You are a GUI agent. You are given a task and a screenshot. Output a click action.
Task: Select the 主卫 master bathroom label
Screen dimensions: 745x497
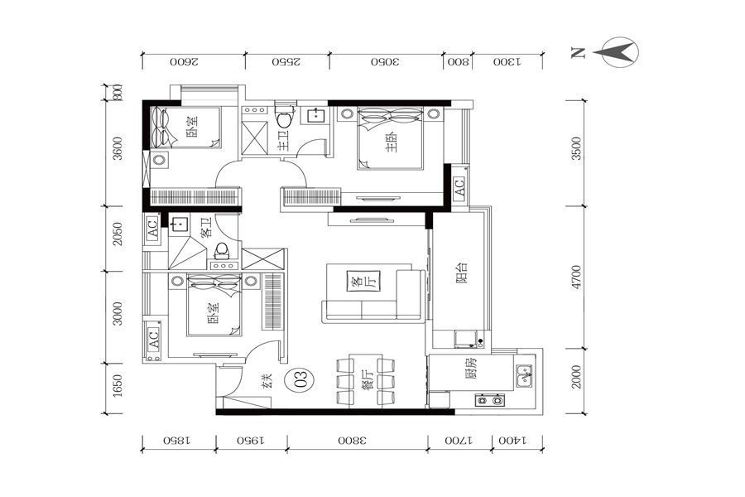tap(284, 141)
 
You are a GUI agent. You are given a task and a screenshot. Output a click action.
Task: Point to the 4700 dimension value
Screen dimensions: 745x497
tap(576, 277)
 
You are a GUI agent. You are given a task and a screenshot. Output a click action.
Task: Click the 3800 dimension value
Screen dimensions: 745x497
tap(353, 441)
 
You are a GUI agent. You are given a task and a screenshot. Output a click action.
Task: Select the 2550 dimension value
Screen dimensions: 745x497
tap(286, 62)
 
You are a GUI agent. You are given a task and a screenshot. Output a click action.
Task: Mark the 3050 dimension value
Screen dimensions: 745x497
tap(386, 62)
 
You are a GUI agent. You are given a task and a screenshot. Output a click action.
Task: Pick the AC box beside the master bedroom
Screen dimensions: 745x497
tap(459, 182)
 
